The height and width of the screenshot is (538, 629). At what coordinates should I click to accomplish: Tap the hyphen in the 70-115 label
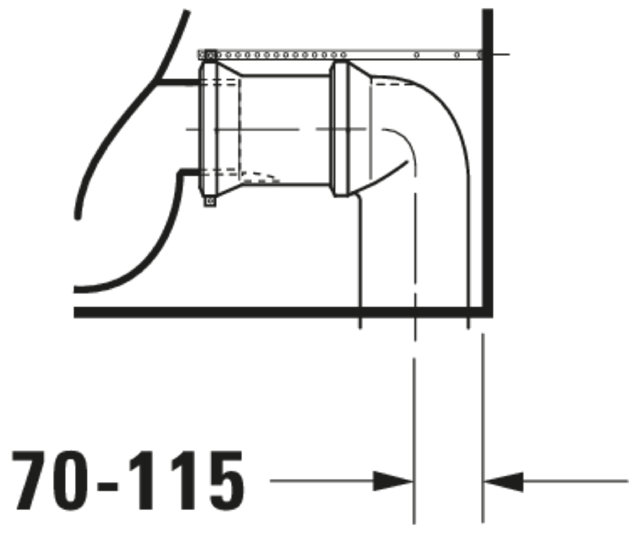(x=108, y=486)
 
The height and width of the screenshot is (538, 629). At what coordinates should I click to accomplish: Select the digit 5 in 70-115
(x=227, y=481)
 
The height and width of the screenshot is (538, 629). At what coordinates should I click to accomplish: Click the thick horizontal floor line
(x=283, y=312)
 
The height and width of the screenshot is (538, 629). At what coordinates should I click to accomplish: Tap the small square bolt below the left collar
(x=210, y=201)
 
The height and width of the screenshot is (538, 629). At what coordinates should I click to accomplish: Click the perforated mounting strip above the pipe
(x=340, y=55)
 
